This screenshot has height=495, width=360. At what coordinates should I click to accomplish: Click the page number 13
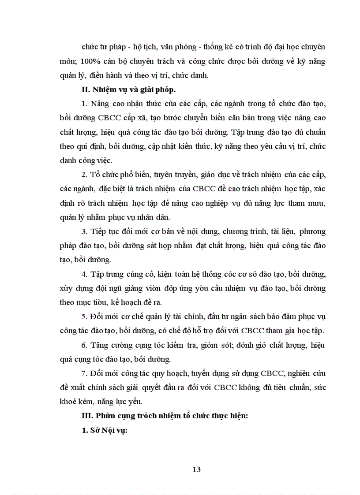[197, 469]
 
